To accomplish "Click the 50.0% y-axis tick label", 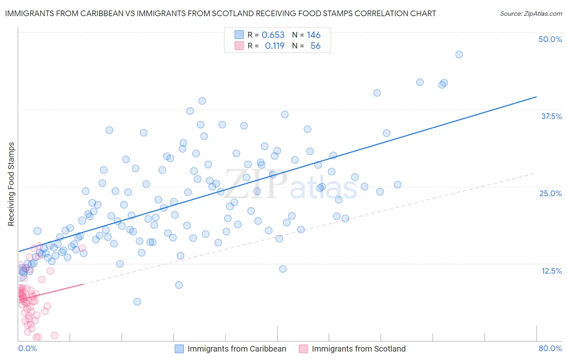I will point(550,39).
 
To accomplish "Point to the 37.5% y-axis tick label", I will point(551,116).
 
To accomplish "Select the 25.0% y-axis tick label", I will point(550,193).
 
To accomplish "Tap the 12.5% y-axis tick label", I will point(551,271).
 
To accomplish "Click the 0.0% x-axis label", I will point(27,348).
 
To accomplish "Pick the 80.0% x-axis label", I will point(550,348).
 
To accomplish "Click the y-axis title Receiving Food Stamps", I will point(11,184).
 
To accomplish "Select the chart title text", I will point(220,13).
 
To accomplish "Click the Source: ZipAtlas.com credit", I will point(531,13).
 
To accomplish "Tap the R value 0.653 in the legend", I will point(273,35).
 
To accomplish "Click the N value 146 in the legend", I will point(313,35).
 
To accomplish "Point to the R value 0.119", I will point(275,46).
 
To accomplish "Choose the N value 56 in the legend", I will point(315,46).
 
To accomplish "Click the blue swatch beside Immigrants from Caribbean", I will point(179,349).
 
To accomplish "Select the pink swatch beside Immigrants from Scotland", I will point(303,349).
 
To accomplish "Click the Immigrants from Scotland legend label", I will point(359,349).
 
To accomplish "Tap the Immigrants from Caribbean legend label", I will point(237,349).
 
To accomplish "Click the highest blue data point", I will point(459,54).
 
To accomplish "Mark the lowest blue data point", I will point(137,301).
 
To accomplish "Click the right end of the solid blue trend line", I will point(536,97).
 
